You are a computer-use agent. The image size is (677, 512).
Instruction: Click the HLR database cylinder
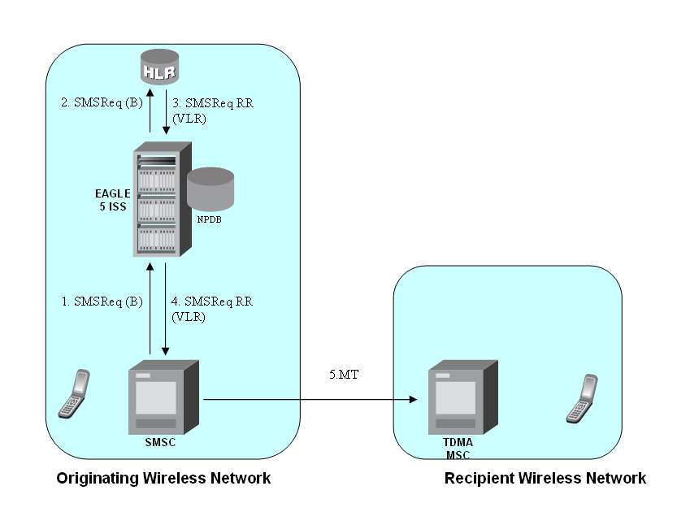click(x=159, y=67)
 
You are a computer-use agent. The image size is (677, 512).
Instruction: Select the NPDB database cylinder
click(x=210, y=189)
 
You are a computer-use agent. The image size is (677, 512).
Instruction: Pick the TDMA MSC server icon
click(x=461, y=401)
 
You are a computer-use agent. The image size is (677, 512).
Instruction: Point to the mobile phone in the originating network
click(x=74, y=393)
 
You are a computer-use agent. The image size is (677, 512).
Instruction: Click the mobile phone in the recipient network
click(x=581, y=398)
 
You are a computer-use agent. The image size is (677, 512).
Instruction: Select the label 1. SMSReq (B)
click(x=102, y=302)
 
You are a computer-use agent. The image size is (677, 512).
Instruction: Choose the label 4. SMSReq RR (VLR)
click(x=211, y=309)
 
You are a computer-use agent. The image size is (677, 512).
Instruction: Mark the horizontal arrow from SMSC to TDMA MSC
click(x=309, y=399)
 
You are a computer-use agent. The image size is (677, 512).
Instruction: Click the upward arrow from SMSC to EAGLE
click(x=150, y=309)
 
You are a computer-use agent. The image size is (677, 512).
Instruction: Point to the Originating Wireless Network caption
click(x=163, y=478)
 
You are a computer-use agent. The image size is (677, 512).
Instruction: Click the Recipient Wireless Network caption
click(x=545, y=478)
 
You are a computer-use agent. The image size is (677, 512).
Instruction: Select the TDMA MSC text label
click(x=458, y=449)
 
